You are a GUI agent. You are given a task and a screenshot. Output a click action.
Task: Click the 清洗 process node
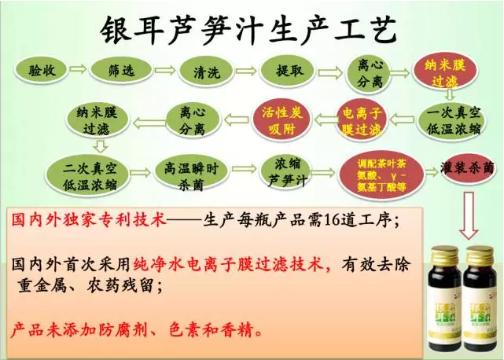point(206,72)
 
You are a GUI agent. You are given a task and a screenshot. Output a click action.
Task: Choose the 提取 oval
point(289,72)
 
